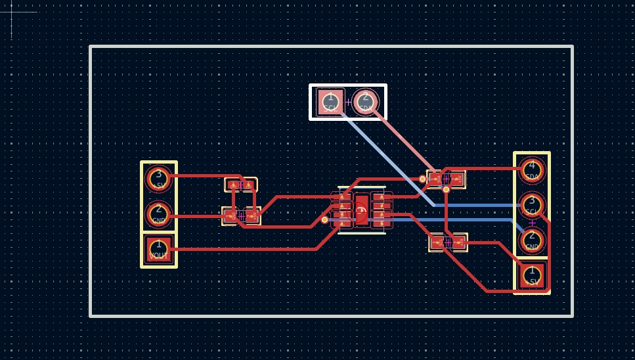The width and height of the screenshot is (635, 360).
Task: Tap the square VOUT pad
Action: (x=158, y=250)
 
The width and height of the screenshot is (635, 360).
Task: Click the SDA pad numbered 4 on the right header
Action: (x=532, y=170)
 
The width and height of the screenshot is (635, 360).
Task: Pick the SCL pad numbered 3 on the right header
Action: (x=532, y=205)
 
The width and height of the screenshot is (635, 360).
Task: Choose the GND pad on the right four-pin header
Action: (x=532, y=241)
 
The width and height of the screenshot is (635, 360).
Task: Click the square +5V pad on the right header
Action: (x=532, y=275)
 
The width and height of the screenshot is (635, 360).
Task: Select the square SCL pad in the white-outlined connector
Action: (x=330, y=102)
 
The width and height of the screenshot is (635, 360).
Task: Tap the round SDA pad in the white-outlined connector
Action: (x=366, y=102)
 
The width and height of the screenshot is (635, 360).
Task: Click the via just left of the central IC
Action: (x=324, y=219)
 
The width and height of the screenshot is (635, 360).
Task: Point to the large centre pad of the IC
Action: (x=361, y=210)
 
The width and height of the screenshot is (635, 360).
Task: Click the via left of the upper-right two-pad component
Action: (x=422, y=179)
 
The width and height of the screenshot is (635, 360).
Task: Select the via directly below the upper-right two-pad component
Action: (x=446, y=190)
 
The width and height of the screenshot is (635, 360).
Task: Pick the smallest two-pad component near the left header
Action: (x=241, y=185)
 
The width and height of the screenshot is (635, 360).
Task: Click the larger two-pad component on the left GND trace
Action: (x=241, y=215)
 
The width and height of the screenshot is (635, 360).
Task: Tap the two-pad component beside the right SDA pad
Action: (x=447, y=179)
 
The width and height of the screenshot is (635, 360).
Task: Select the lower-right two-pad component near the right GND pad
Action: (x=448, y=242)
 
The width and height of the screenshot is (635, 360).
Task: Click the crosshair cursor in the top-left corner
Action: (x=12, y=12)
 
